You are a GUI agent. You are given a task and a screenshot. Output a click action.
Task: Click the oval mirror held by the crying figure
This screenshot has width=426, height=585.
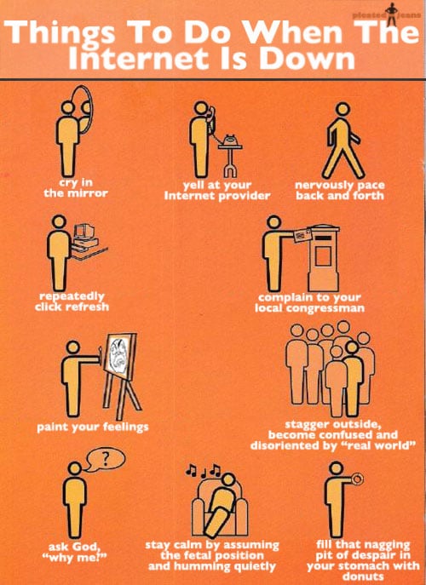tap(84, 115)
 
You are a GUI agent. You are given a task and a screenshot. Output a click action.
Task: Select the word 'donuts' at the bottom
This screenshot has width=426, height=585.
tap(352, 575)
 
